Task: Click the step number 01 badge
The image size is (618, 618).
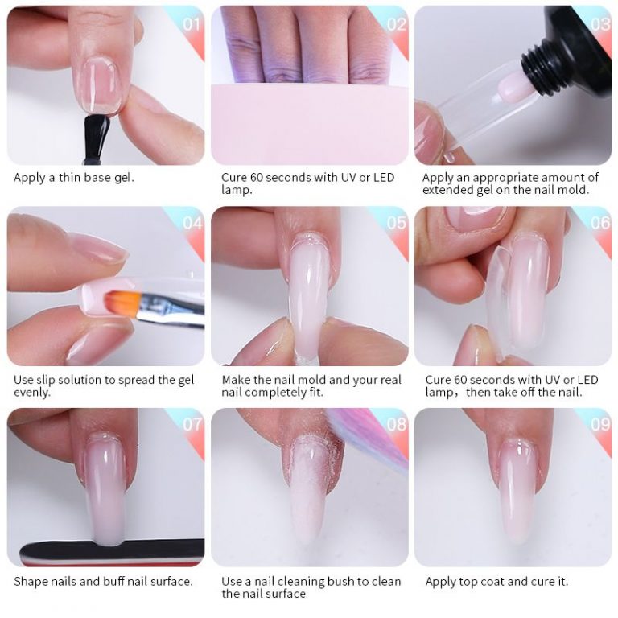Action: [192, 24]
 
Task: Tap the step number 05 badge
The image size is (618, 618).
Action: [396, 224]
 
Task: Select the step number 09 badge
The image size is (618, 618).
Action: [599, 424]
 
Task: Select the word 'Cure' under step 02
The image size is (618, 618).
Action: [236, 178]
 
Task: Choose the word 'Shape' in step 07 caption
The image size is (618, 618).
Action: [31, 581]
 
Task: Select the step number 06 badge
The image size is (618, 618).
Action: [599, 224]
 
